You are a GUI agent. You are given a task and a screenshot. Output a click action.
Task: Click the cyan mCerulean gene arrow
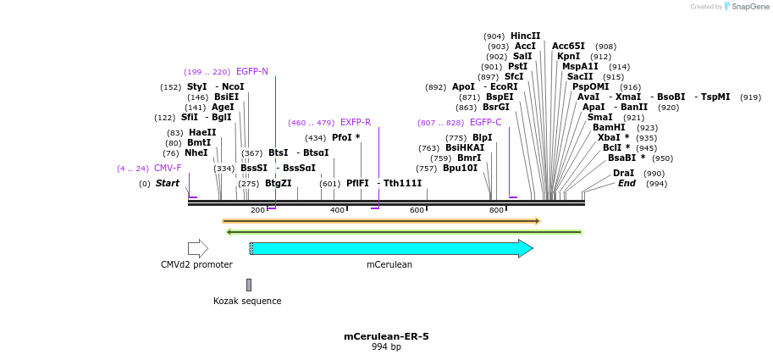click(x=390, y=248)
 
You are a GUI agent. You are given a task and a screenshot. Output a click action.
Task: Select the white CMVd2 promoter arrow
click(x=197, y=248)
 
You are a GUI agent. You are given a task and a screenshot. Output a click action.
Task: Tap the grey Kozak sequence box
click(x=249, y=285)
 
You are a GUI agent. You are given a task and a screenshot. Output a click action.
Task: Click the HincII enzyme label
click(x=525, y=36)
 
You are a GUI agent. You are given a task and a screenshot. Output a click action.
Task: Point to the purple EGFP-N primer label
click(x=251, y=71)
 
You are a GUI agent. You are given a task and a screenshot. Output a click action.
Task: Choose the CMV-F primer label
click(x=167, y=168)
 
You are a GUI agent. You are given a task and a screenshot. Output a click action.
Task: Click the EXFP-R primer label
click(x=356, y=122)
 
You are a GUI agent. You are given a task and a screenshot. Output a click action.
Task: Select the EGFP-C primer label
click(x=485, y=122)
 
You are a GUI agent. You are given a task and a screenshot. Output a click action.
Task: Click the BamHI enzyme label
click(x=609, y=127)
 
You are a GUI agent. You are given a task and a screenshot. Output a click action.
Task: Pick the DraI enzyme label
click(x=623, y=173)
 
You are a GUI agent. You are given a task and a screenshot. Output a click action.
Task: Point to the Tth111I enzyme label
click(x=402, y=183)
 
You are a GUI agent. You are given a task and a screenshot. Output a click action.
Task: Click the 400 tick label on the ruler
click(x=337, y=210)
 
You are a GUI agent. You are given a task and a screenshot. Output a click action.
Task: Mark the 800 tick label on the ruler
click(x=496, y=210)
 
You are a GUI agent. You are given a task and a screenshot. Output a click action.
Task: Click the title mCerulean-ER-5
click(x=386, y=336)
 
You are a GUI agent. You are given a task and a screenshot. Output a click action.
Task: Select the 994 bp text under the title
click(x=386, y=347)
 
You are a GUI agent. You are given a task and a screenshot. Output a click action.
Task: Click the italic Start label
click(x=167, y=183)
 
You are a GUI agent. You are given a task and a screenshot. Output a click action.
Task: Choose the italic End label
click(x=627, y=183)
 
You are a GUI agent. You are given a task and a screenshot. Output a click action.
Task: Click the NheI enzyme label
click(x=196, y=152)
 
